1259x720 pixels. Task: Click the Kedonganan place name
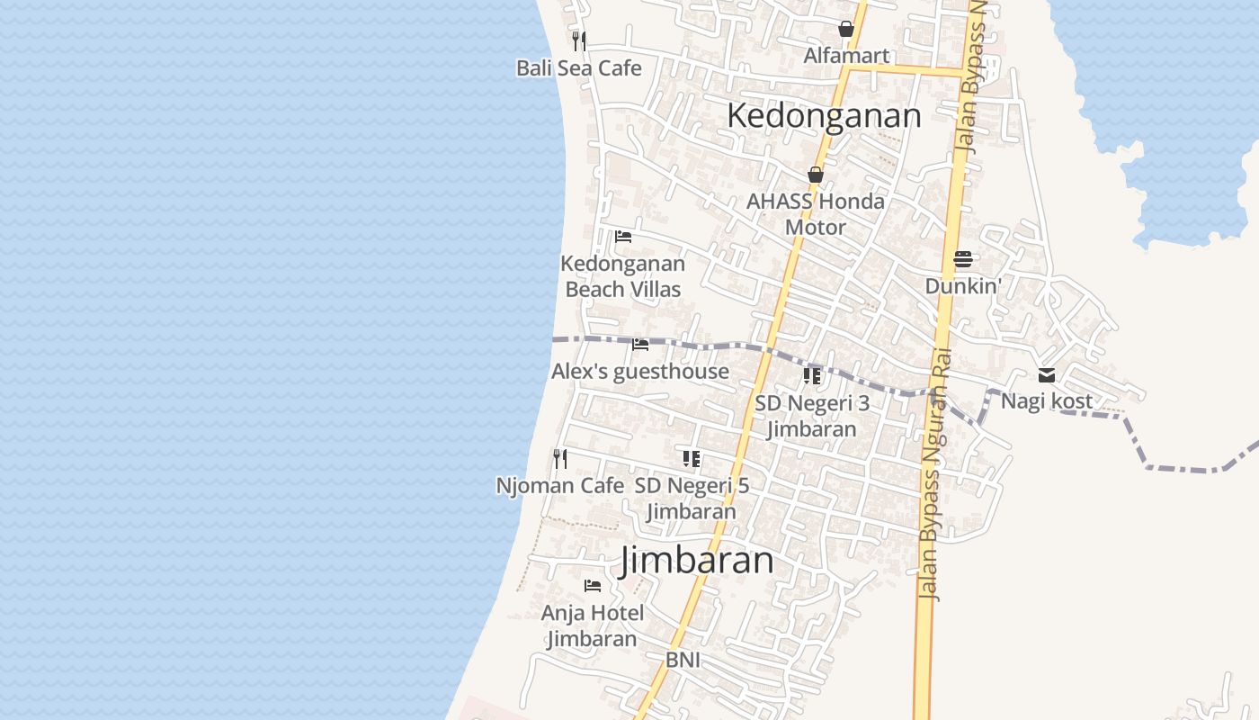click(x=824, y=116)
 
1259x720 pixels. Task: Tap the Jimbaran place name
click(x=697, y=561)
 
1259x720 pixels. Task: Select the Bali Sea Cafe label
click(x=579, y=68)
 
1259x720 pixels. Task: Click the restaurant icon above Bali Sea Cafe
click(x=579, y=40)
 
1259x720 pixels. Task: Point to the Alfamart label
click(x=846, y=56)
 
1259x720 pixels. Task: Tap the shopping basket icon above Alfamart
click(x=846, y=29)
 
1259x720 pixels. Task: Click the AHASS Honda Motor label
click(x=816, y=214)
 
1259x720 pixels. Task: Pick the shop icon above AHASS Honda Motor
click(x=816, y=175)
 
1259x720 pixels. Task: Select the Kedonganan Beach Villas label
click(x=622, y=276)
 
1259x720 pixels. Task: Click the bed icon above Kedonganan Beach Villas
click(x=622, y=237)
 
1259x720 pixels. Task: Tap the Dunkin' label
click(x=963, y=286)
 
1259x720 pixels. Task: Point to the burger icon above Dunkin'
click(x=963, y=259)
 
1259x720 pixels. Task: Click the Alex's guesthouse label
click(x=640, y=372)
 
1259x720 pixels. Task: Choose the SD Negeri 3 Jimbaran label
click(x=812, y=416)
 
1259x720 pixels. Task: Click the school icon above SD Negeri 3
click(x=812, y=376)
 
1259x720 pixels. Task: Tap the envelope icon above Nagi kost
click(x=1047, y=375)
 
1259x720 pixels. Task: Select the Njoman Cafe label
click(x=560, y=486)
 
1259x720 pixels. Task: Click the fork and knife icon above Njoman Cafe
click(x=560, y=459)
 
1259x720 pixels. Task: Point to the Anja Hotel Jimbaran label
click(x=593, y=626)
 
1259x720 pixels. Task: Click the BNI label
click(x=683, y=661)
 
